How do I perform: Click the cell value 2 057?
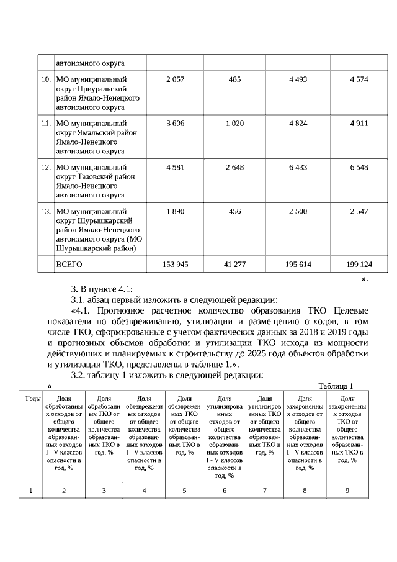176,79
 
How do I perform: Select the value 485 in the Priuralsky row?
234,79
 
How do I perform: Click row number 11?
45,124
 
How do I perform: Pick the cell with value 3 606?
176,124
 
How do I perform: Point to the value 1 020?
234,124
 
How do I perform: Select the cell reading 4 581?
176,167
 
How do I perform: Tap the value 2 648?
234,167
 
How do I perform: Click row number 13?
45,211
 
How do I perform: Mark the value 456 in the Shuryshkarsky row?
234,211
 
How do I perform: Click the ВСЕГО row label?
69,264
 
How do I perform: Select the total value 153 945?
176,264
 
